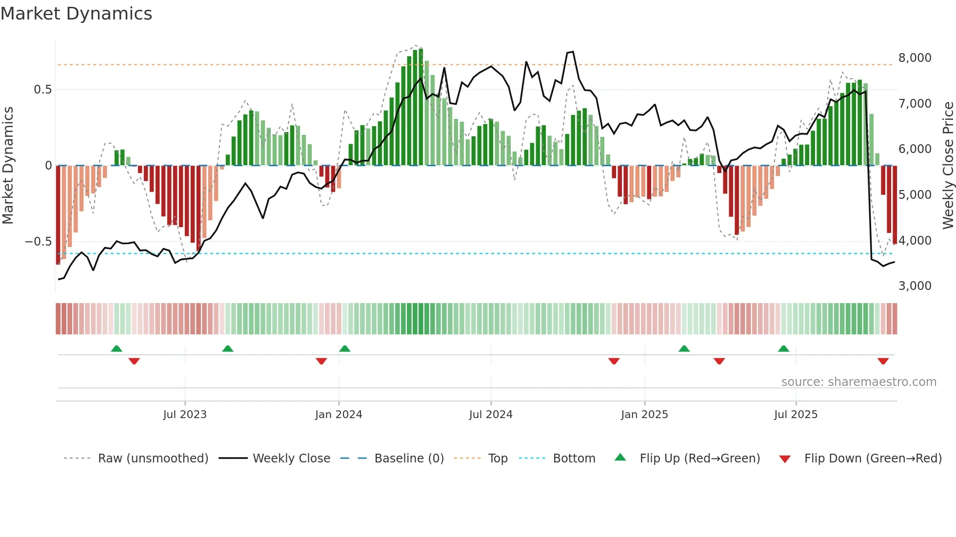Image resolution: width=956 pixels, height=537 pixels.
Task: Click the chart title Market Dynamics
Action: pos(76,14)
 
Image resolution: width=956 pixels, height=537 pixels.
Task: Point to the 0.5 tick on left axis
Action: pos(42,90)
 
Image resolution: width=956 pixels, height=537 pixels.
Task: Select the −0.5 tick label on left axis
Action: pos(38,242)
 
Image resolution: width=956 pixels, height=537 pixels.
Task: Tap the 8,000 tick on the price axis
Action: pos(915,58)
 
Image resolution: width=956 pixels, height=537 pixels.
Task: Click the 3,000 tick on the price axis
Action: pos(915,286)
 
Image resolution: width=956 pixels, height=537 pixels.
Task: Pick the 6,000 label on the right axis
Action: pos(915,149)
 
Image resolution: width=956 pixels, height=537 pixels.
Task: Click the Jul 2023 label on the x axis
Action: pos(185,415)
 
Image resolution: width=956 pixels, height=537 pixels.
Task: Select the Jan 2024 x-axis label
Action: pos(339,415)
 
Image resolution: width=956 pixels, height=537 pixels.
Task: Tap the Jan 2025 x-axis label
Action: pos(644,415)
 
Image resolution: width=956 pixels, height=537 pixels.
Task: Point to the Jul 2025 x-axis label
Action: pos(796,415)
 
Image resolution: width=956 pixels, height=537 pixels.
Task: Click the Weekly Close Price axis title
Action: pos(948,166)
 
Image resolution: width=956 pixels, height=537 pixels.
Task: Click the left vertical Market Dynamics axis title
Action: pos(8,166)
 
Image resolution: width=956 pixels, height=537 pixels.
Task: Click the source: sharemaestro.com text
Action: pos(858,382)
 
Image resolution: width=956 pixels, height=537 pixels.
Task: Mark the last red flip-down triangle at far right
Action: pos(883,361)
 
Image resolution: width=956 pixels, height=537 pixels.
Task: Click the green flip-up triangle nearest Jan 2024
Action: pos(345,348)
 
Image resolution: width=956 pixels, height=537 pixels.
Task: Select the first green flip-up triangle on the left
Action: pos(117,348)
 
